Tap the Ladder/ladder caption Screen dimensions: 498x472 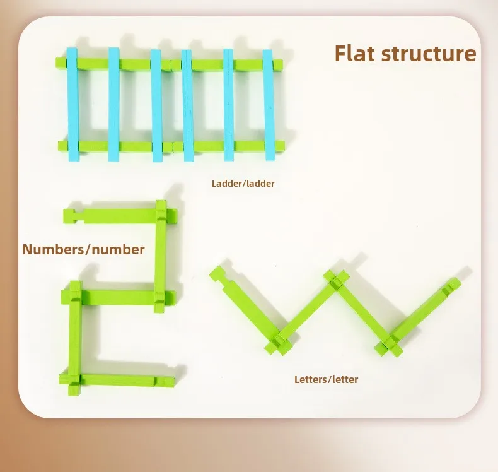point(243,184)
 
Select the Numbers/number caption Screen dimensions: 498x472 point(83,249)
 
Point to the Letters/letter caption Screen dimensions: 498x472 point(326,379)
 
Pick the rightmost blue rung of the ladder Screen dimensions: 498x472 point(269,104)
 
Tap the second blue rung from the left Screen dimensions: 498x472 point(114,104)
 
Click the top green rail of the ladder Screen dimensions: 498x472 point(170,64)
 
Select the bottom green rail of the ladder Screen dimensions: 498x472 point(170,146)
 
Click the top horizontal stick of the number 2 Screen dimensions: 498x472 point(113,215)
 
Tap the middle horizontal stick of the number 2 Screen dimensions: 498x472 point(117,296)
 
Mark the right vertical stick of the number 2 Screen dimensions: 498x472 point(161,256)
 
